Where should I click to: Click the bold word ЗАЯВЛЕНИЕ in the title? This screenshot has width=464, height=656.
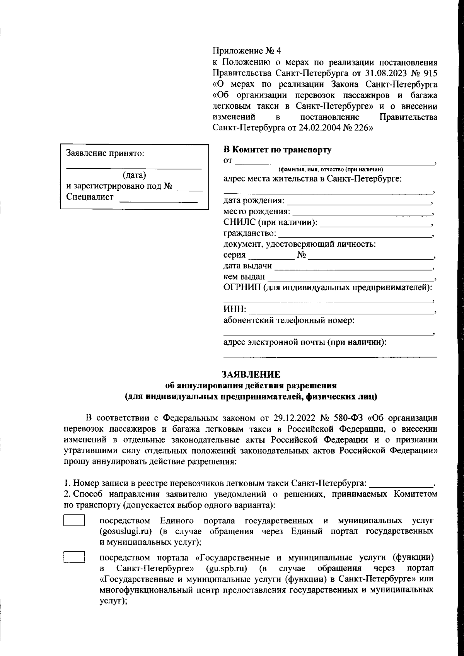251,374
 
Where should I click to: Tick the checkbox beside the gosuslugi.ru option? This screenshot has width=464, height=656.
74,520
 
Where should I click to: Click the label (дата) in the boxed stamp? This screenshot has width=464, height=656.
134,175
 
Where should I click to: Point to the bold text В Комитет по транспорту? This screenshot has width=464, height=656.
278,150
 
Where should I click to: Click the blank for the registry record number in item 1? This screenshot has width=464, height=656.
401,483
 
